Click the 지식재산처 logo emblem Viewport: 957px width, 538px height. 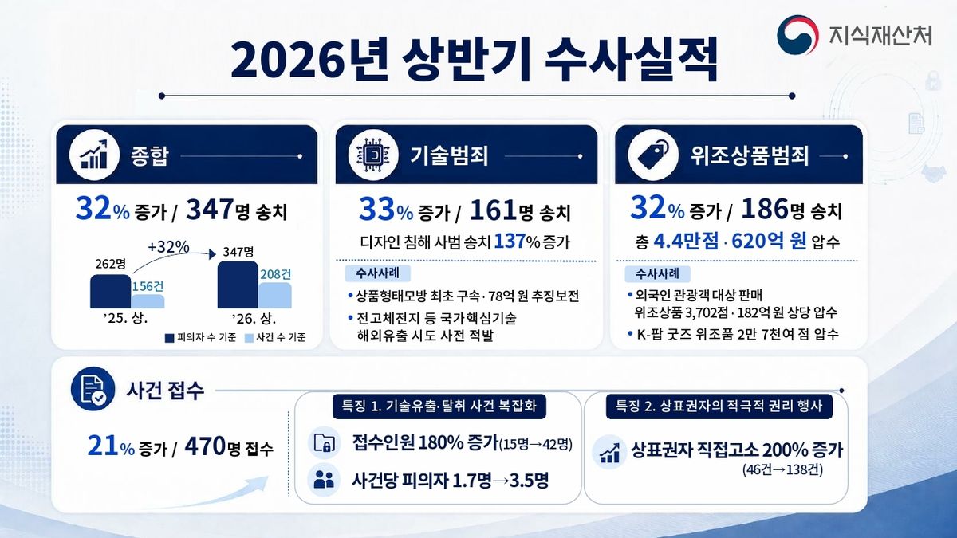(797, 34)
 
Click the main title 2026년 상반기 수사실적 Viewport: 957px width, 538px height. (474, 61)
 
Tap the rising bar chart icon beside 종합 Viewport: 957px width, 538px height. (94, 155)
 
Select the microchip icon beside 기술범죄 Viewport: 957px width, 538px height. (373, 155)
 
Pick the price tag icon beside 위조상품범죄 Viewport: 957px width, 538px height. (653, 155)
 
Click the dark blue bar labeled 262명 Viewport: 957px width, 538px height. (110, 291)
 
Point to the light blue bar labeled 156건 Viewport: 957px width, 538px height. (148, 301)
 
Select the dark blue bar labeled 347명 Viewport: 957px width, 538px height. (238, 285)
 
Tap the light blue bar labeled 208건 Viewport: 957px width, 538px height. (274, 295)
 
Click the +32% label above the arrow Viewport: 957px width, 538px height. (168, 247)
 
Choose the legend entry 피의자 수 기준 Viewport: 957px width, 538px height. (200, 338)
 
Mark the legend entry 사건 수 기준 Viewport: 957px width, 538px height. (275, 338)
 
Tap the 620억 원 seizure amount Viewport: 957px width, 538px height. (769, 242)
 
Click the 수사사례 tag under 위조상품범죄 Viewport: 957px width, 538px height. (657, 273)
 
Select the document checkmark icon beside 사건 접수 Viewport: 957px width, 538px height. (93, 389)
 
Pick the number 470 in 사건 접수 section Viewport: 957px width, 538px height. (205, 446)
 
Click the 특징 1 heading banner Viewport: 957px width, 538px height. (439, 406)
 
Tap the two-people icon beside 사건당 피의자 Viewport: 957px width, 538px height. (324, 481)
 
